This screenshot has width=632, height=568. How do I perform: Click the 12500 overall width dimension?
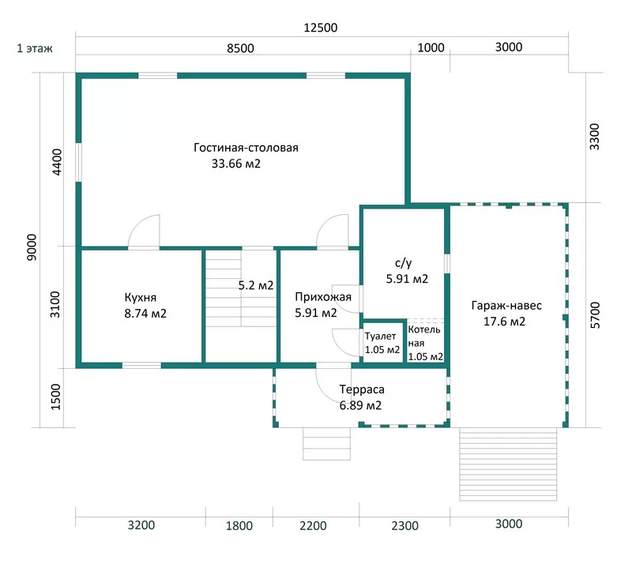coord(321,28)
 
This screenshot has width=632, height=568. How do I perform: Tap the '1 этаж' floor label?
coord(35,48)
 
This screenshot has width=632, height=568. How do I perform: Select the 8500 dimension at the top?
coord(240,48)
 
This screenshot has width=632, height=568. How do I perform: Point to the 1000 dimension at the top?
coord(431,47)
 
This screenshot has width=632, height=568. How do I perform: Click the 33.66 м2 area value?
coord(236,164)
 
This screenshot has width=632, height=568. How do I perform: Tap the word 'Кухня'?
coord(141,298)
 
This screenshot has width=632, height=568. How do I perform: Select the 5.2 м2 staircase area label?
coord(256,285)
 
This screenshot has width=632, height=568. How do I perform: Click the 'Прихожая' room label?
coord(323,297)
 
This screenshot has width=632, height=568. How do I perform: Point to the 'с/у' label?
coord(404,263)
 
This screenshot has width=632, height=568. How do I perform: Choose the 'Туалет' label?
coord(381,337)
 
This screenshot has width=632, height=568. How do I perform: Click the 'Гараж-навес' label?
coord(506,306)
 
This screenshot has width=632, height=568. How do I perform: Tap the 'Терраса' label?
coord(362,389)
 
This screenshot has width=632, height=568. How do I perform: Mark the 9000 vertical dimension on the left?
coord(32,247)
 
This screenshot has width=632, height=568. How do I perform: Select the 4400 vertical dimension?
coord(57,162)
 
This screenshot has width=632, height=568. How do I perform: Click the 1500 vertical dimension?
coord(55,397)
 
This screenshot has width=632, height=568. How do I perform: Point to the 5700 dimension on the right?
coord(595,315)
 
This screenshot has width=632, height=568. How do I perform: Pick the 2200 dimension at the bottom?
coord(313,525)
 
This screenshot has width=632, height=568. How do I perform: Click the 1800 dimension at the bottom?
coord(239,525)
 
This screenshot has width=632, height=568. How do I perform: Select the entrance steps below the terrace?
coord(327,443)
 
